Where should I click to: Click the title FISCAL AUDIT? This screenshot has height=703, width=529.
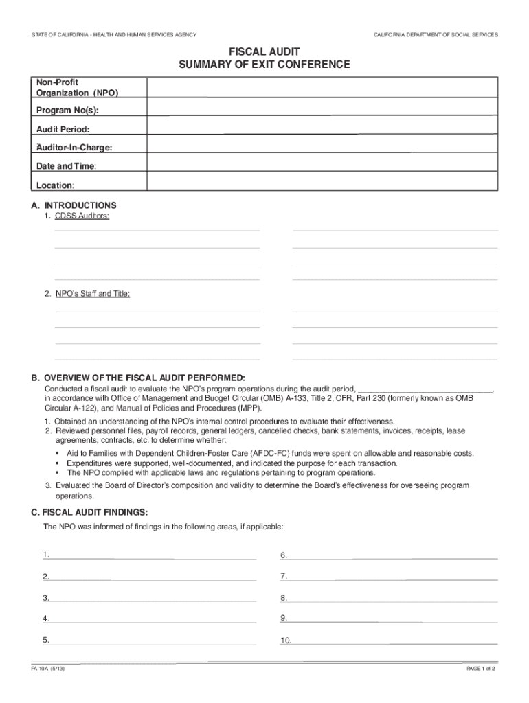tap(264, 51)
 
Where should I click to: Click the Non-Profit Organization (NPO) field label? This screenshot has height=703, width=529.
tap(77, 87)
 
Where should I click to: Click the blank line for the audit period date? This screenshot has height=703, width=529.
tap(426, 388)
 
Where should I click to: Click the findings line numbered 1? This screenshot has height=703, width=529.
tap(154, 556)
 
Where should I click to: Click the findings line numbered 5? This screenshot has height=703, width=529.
tap(154, 641)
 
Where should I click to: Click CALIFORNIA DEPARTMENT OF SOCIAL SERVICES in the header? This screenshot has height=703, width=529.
tap(436, 34)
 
